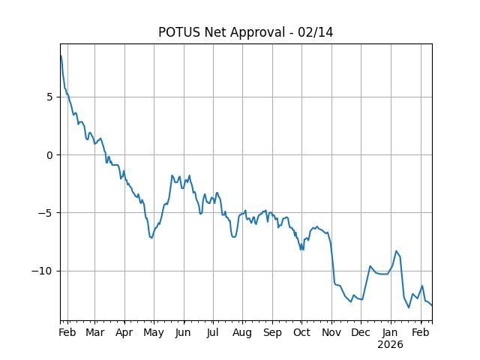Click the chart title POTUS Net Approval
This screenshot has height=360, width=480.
225,32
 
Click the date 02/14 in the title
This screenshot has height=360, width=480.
318,32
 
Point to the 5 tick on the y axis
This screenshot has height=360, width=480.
50,97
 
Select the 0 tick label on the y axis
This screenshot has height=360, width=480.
50,155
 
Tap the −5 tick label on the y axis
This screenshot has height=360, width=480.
47,213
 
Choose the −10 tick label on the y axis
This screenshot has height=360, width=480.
44,271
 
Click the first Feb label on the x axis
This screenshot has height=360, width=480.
67,332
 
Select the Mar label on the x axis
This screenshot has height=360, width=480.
94,332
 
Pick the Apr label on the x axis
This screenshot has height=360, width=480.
124,332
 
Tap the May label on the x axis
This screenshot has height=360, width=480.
154,332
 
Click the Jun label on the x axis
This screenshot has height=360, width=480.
184,332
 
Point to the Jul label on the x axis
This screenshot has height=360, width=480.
213,332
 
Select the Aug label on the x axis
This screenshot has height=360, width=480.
242,332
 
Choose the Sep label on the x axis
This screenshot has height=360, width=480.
272,332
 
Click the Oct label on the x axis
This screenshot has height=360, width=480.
301,332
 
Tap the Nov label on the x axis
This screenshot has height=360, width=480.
331,332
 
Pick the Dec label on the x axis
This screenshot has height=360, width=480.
361,332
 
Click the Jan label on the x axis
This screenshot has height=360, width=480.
390,332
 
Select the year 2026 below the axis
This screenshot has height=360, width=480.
390,345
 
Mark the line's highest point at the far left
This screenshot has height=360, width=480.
61,55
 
